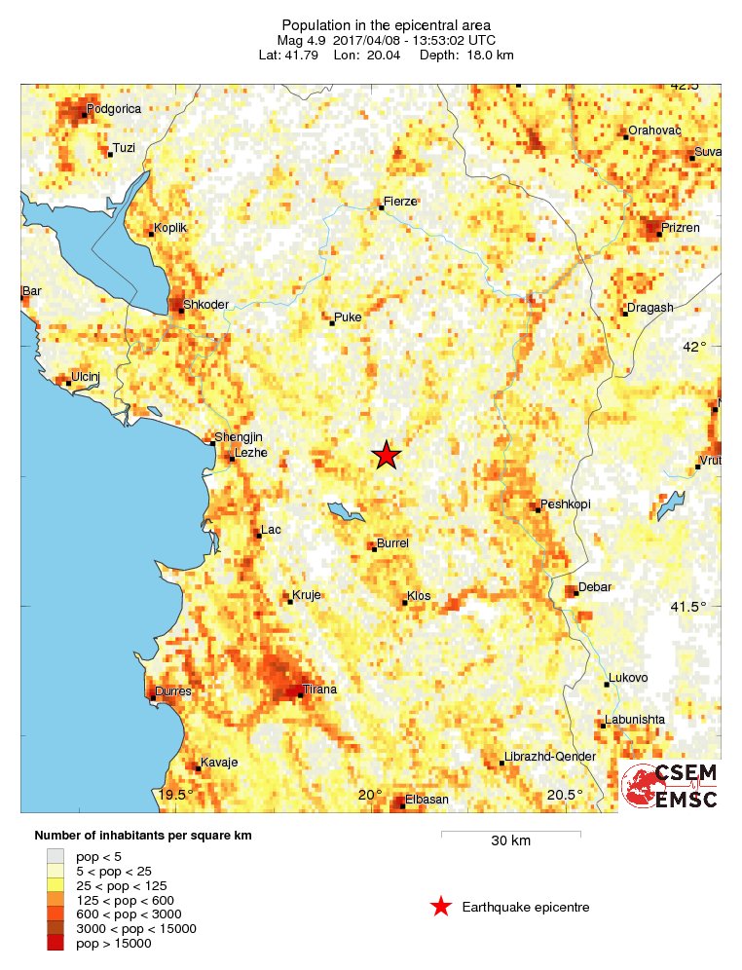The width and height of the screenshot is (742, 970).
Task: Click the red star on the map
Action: point(387,455)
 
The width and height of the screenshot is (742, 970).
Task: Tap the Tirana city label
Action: point(320,690)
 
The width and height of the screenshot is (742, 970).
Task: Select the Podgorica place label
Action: point(113,109)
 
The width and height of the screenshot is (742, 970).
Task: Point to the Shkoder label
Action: point(205,304)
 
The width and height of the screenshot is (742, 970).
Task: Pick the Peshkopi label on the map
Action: point(566,504)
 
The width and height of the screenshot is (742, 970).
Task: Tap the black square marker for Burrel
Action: point(374,549)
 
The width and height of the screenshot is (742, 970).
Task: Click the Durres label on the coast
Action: point(173,691)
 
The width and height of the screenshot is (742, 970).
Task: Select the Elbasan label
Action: point(427,799)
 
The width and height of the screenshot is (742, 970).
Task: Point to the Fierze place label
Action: point(400,202)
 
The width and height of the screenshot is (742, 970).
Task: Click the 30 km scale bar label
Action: point(510,841)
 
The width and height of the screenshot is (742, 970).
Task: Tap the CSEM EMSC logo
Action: point(670,786)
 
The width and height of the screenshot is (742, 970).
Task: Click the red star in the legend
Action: point(441,907)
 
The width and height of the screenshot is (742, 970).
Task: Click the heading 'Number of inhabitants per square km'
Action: point(149,836)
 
